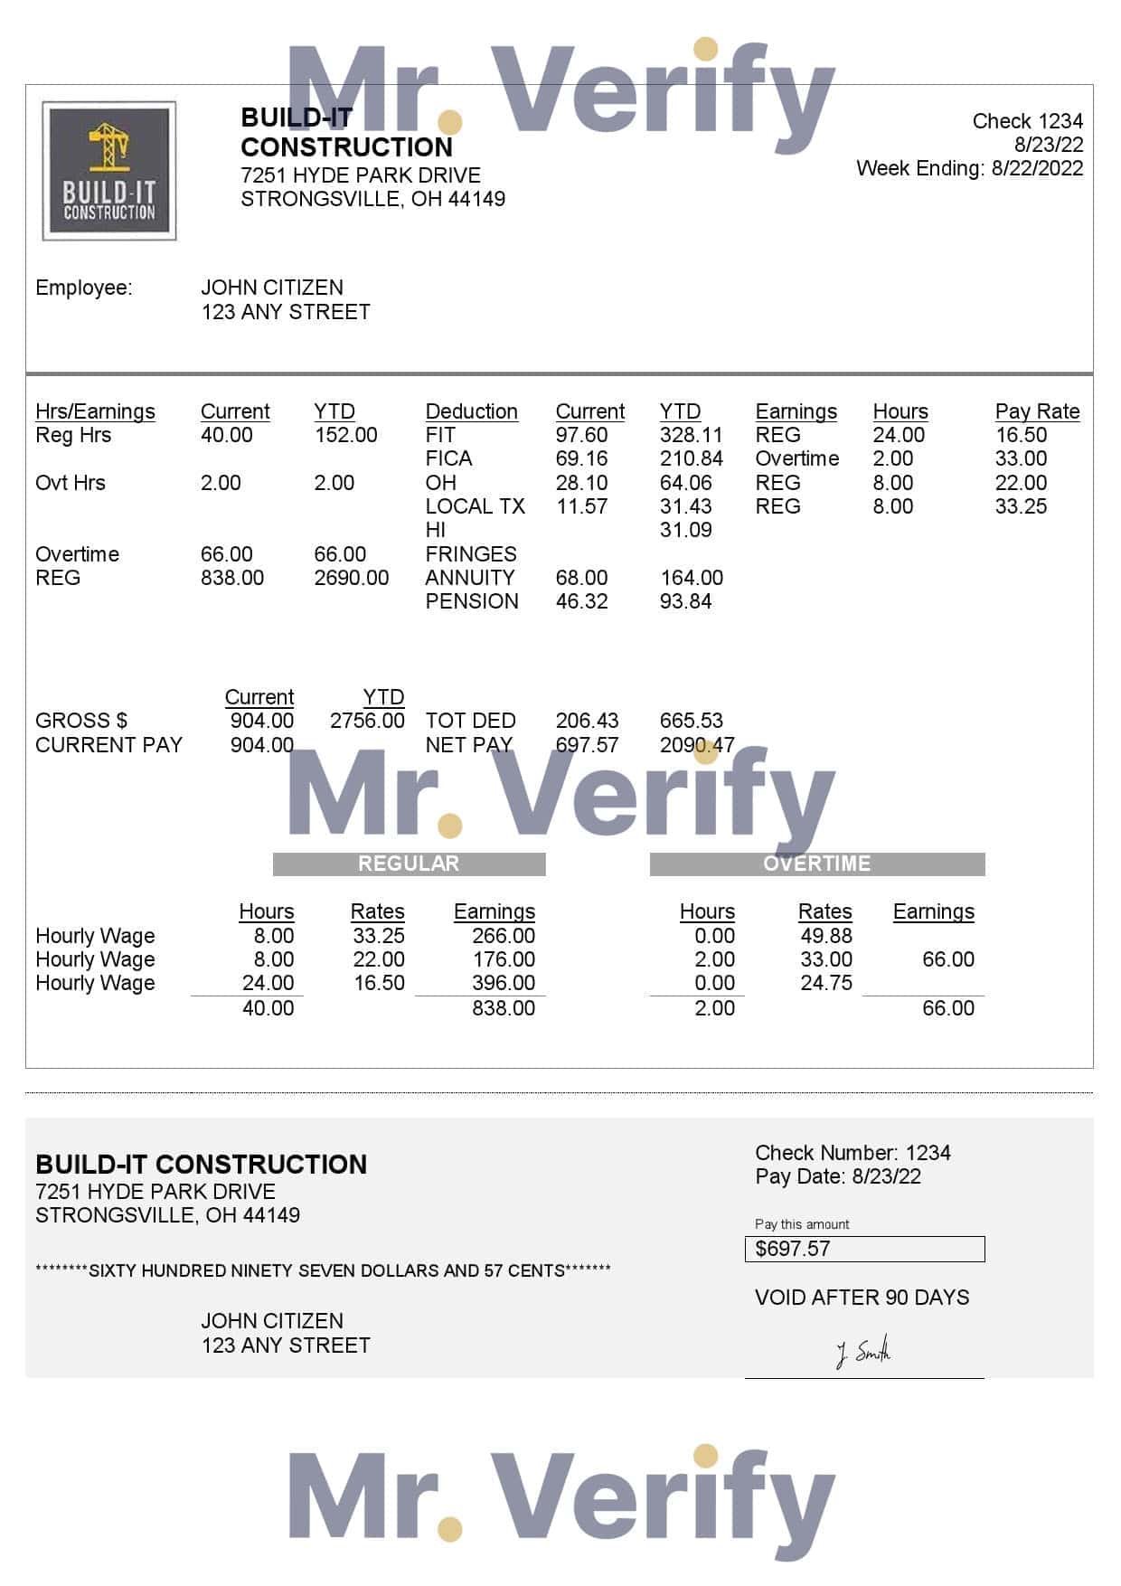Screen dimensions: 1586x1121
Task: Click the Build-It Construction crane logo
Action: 109,171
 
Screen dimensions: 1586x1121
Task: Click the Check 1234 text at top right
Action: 1027,121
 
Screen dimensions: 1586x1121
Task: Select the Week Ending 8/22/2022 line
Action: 969,168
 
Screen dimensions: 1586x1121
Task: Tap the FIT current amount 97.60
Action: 581,435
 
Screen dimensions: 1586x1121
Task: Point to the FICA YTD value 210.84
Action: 691,458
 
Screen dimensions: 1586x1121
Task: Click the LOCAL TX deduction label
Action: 475,506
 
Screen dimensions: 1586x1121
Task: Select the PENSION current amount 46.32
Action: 581,601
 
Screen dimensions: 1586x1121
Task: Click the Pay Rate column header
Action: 1037,411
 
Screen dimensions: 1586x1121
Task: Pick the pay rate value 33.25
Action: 1021,506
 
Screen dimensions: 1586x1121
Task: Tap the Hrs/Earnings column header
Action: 95,411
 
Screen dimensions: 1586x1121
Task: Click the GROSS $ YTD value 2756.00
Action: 367,721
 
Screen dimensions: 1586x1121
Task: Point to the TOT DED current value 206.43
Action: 587,721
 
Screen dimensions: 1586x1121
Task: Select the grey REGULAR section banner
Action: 409,864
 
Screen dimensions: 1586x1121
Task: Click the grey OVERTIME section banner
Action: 816,864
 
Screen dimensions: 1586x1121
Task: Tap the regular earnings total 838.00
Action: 503,1008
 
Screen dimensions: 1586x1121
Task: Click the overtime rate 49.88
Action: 825,936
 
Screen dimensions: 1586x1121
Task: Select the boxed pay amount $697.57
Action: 863,1249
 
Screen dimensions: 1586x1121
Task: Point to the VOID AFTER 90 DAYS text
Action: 862,1298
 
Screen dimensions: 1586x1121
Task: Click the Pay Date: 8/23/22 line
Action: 838,1176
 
